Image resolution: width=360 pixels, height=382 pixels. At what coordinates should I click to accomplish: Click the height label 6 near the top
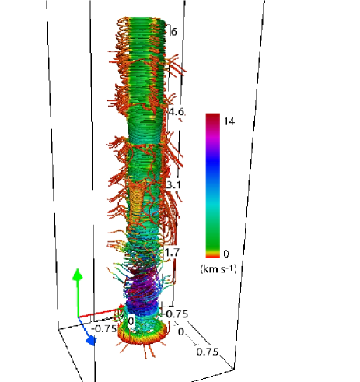click(174, 32)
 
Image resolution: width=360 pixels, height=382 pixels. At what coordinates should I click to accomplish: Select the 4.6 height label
click(177, 112)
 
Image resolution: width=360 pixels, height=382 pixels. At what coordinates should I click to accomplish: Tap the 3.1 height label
click(173, 185)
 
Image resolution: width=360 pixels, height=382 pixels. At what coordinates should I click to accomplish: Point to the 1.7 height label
click(172, 252)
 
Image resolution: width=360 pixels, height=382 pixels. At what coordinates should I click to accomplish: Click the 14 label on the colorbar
click(229, 121)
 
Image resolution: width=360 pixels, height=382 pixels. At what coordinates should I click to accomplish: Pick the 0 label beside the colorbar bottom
click(226, 254)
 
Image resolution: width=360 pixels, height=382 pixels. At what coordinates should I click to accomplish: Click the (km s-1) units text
click(218, 268)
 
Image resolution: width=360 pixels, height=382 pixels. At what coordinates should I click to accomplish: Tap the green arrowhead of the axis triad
click(77, 275)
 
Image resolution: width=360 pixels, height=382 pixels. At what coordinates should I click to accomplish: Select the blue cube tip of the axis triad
click(91, 341)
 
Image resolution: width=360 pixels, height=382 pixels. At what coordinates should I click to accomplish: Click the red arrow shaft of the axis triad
click(99, 313)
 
